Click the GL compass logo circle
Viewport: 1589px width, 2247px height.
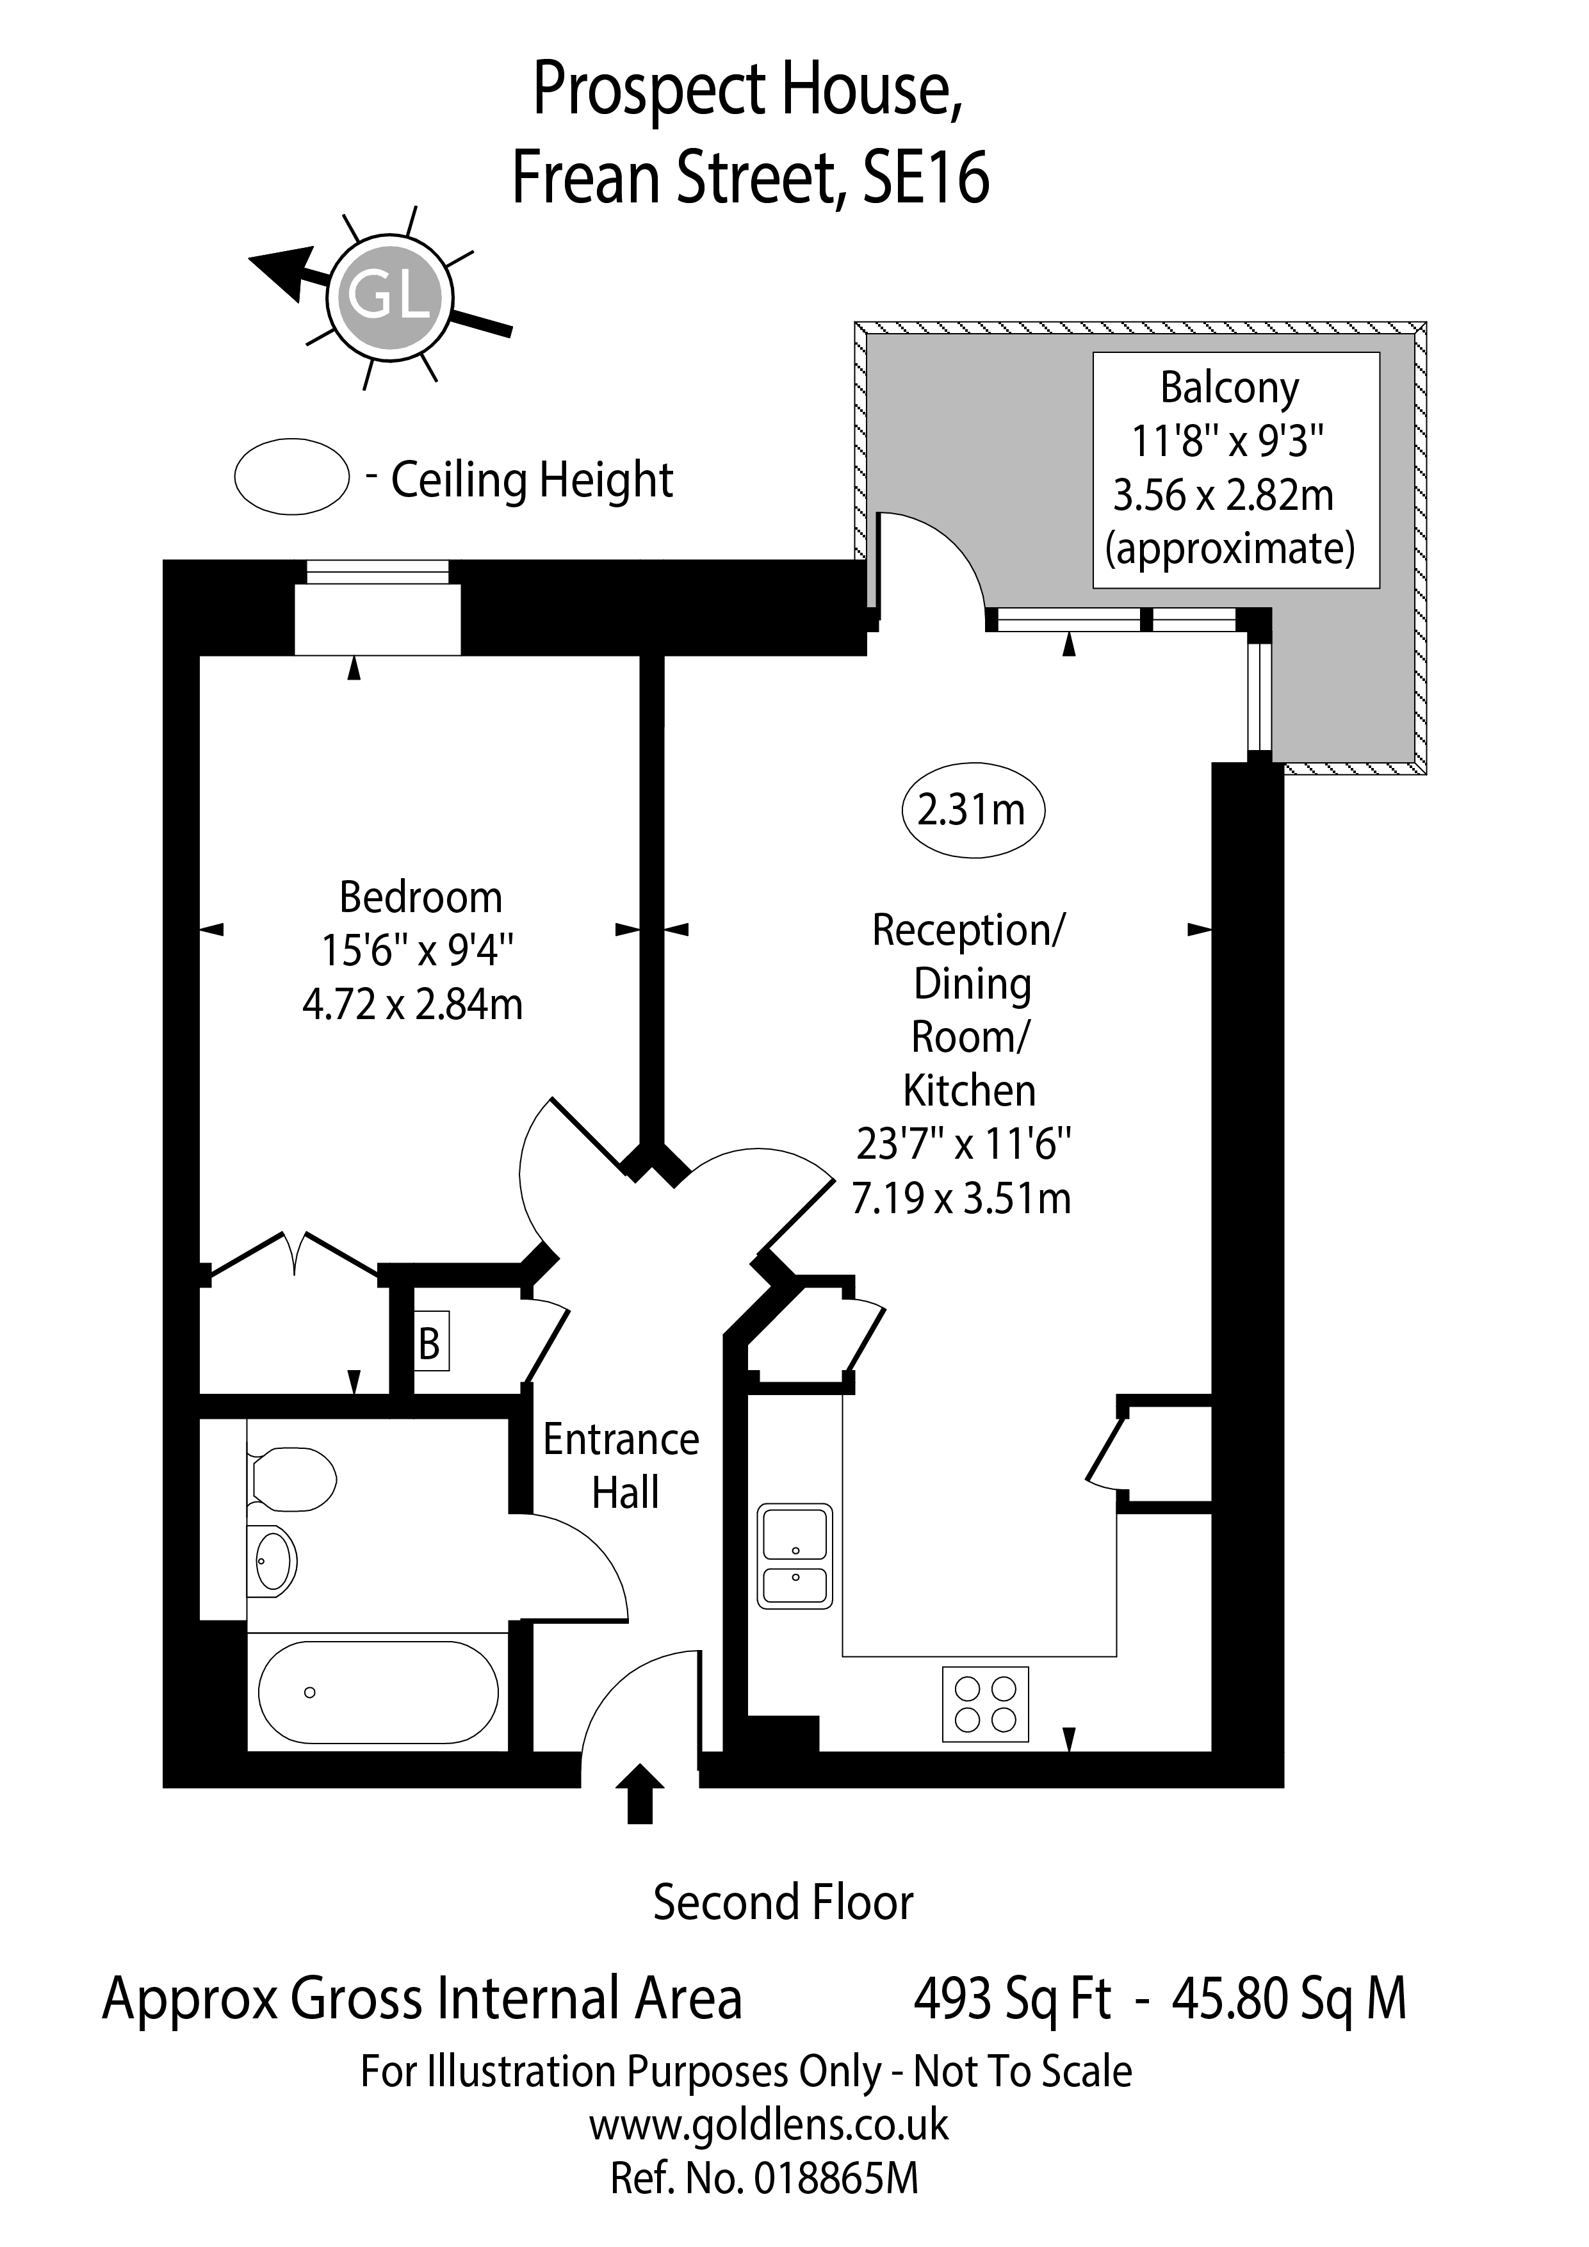[391, 293]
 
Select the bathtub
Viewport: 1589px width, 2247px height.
[378, 1692]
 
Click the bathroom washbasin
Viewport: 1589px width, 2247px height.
[273, 1561]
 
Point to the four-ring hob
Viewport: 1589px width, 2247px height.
[985, 1704]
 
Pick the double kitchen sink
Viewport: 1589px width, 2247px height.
[794, 1556]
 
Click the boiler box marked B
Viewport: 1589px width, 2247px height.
[430, 1344]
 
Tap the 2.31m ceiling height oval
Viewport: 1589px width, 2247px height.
[973, 810]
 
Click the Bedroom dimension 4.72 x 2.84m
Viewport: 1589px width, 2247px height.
[413, 1005]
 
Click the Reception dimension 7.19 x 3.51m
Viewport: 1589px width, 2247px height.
[962, 1198]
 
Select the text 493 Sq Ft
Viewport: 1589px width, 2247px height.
[1012, 1998]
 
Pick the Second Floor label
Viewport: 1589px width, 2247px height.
[783, 1902]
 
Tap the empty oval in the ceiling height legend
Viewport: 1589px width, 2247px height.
[291, 477]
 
